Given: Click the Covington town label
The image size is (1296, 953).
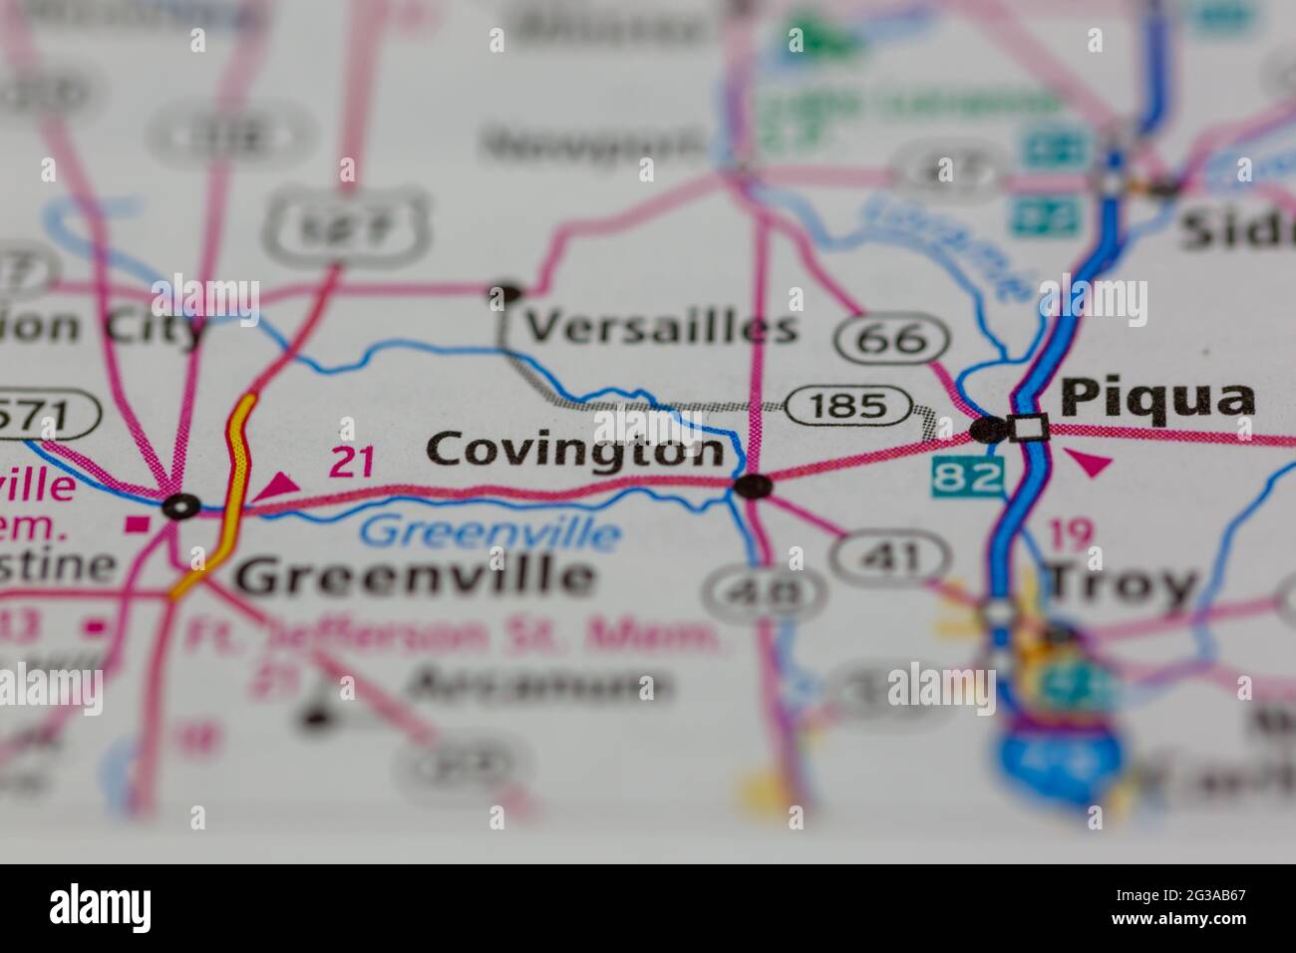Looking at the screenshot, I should point(575,450).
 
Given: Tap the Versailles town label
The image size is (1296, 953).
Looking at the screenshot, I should point(661,327).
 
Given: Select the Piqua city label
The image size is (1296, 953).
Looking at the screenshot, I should point(1157,399).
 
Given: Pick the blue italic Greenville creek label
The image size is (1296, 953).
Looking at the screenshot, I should point(489,532).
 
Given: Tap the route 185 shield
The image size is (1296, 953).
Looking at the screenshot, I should point(848,406).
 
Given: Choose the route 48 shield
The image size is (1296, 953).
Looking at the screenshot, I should point(766,594).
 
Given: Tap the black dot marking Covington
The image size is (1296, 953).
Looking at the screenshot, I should point(753,486).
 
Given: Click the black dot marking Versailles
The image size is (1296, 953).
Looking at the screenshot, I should point(505,293).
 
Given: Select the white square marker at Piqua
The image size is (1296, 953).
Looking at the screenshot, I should point(1028,428).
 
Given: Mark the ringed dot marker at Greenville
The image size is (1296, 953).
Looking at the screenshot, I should point(180,506).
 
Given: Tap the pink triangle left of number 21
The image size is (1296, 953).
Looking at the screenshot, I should point(279,485).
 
